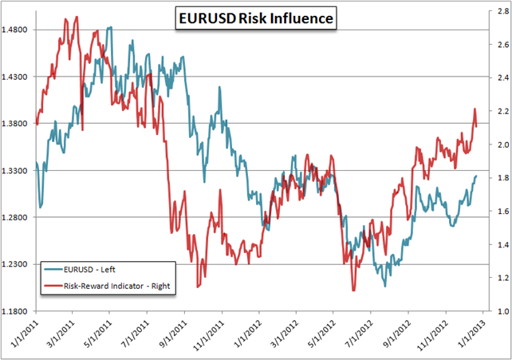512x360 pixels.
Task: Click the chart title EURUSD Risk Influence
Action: click(257, 17)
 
